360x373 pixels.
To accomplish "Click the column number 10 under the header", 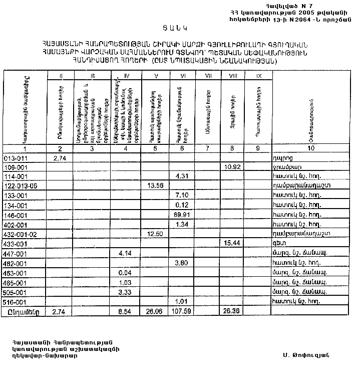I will (x=311, y=148).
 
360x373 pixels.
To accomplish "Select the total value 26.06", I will (x=155, y=311).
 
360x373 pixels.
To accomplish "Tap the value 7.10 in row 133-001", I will (x=183, y=195).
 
